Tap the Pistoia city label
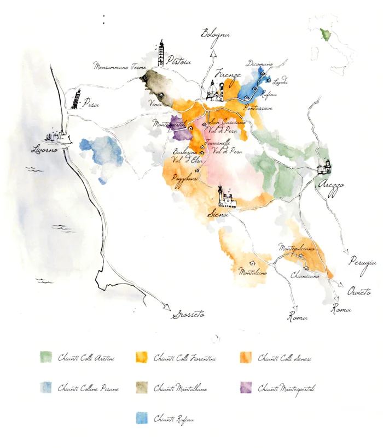(179, 62)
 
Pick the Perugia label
(363, 263)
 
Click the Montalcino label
(252, 272)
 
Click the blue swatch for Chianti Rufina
(142, 418)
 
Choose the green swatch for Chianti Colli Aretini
(46, 357)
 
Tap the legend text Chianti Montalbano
(180, 388)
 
